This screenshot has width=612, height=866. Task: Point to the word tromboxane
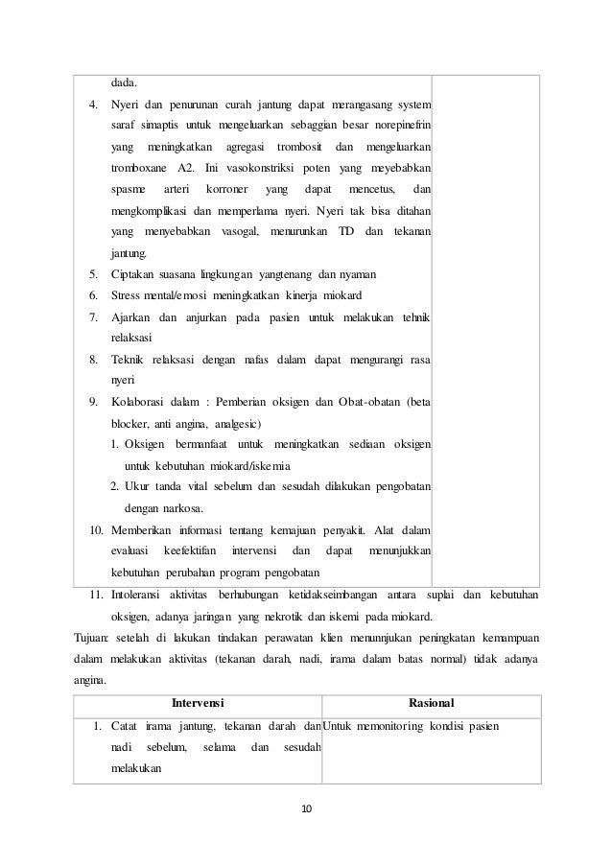[137, 169]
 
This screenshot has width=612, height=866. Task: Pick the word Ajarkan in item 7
[131, 316]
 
